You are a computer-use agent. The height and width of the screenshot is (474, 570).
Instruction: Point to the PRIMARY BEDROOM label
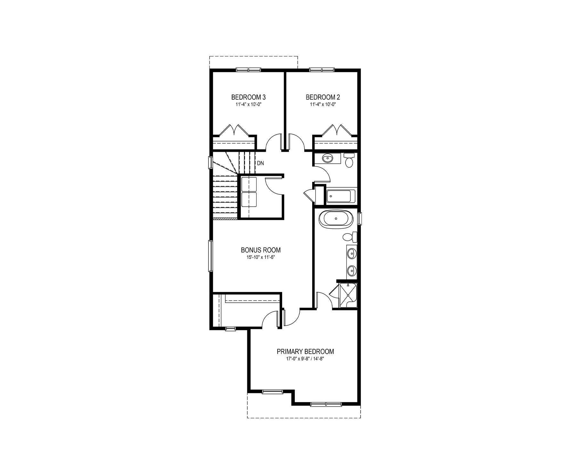pos(305,352)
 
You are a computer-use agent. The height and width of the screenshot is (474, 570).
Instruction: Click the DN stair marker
pos(260,163)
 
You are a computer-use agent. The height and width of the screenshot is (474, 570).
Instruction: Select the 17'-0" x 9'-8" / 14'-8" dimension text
pos(305,359)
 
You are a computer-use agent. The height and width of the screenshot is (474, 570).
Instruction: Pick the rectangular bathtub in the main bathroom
pos(341,196)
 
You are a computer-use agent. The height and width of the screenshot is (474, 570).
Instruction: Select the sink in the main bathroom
pos(327,158)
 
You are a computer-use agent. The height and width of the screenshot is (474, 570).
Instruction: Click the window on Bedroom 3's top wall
pos(248,69)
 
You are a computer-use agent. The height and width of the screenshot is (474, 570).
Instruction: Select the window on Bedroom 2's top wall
pos(322,69)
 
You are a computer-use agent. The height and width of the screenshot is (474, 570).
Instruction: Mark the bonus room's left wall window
pos(210,255)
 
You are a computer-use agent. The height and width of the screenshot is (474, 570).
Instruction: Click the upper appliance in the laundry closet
pos(249,184)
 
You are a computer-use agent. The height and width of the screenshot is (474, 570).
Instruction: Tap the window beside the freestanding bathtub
pos(359,219)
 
